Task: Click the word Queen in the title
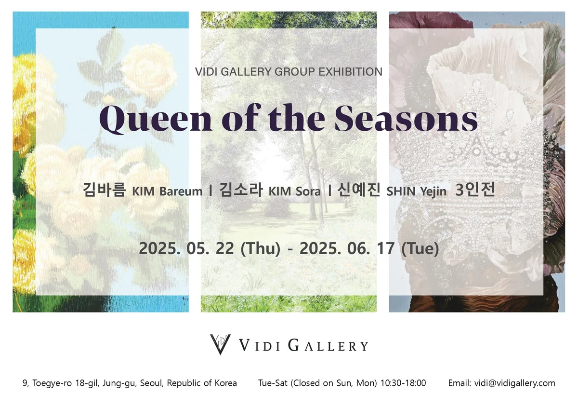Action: tap(156, 119)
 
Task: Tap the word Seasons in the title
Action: tap(406, 118)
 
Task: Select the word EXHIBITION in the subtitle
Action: tap(351, 72)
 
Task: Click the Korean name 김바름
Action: tap(104, 190)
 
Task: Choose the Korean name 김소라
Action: tap(241, 190)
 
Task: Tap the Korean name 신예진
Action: tap(359, 190)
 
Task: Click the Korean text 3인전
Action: tap(475, 190)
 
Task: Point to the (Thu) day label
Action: tap(261, 249)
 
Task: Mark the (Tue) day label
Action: tap(420, 249)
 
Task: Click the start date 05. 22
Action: tap(210, 248)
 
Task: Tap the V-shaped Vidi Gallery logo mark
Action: tap(220, 344)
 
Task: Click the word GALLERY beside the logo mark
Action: tap(328, 346)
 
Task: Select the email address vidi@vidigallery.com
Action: tap(514, 383)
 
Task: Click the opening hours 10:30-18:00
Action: tap(403, 383)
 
